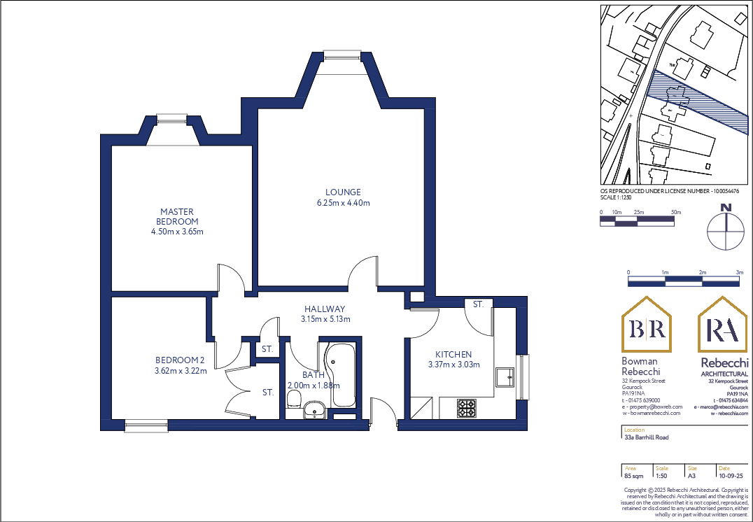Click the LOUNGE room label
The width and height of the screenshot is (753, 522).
[x=343, y=192]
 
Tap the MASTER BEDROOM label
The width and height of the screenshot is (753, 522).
[x=176, y=216]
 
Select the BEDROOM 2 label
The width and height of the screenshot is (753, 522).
[x=181, y=360]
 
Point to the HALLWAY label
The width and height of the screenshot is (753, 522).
[x=325, y=309]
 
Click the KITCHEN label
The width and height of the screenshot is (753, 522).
[x=453, y=355]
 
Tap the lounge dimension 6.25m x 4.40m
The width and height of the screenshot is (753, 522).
[x=343, y=203]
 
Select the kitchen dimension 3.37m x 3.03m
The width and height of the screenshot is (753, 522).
[x=453, y=365]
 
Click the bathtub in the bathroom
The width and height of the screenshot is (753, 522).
[x=342, y=374]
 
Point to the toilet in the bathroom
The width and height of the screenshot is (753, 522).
[x=294, y=400]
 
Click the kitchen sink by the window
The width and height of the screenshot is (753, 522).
[x=505, y=376]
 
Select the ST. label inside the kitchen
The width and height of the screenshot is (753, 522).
[x=478, y=305]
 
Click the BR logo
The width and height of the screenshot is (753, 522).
[x=647, y=325]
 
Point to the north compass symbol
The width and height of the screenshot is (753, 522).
[x=726, y=230]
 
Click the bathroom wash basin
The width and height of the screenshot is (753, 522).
[x=315, y=409]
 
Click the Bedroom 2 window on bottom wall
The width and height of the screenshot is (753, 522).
[x=146, y=423]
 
